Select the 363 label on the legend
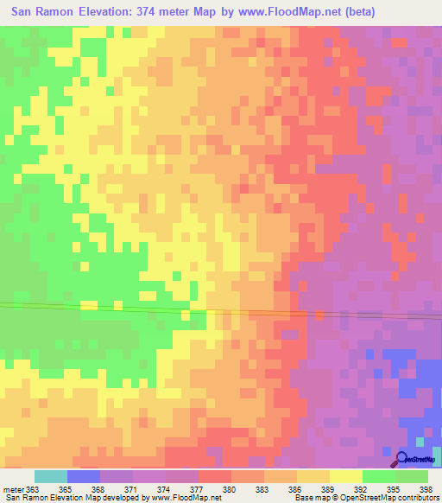point(34,489)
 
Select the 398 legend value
point(426,489)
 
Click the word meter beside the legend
point(13,489)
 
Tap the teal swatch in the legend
point(51,476)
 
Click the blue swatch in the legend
point(84,476)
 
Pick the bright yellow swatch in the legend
point(345,476)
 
